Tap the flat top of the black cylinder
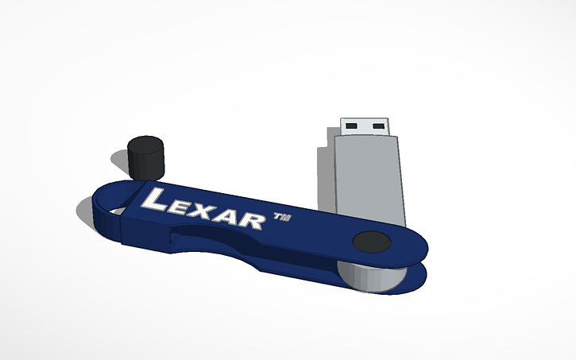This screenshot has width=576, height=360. pos(146,145)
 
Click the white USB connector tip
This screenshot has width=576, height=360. pos(365,126)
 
